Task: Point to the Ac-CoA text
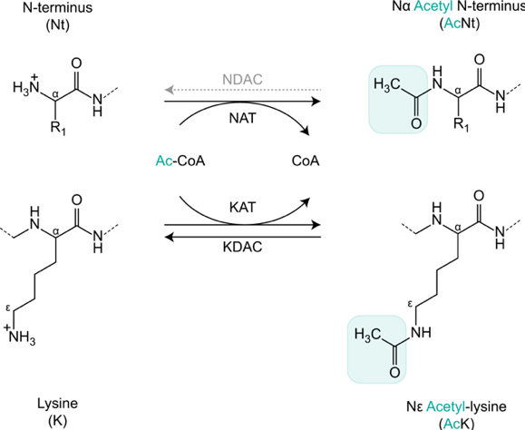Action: tap(180, 161)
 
